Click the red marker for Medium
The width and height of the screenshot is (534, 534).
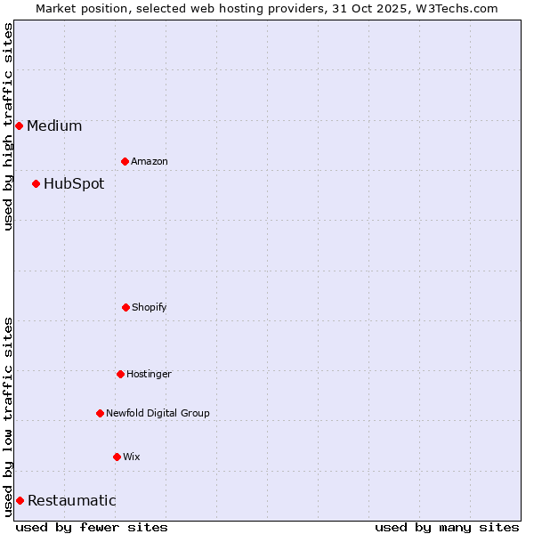(x=19, y=125)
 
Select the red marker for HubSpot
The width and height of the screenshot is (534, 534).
(x=36, y=183)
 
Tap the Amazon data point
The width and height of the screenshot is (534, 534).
(x=125, y=161)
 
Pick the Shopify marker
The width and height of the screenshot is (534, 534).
(x=125, y=307)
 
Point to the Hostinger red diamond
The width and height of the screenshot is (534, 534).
(x=120, y=374)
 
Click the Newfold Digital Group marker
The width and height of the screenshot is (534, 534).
(x=100, y=413)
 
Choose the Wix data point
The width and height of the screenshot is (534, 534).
(x=117, y=457)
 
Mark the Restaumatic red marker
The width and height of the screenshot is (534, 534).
(x=20, y=500)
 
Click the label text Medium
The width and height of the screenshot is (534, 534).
(x=54, y=125)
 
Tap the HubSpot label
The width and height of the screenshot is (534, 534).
(x=74, y=183)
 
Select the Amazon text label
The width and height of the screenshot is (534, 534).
(x=150, y=161)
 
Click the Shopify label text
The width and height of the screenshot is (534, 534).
(x=150, y=307)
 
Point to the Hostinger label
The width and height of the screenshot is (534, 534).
(x=149, y=374)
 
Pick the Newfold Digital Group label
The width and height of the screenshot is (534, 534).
(x=158, y=413)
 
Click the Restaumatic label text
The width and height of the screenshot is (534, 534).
(x=72, y=500)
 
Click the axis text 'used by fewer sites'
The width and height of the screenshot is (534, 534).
(x=92, y=527)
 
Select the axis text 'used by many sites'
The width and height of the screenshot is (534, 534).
(x=447, y=527)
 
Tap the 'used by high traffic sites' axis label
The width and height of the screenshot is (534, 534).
(x=8, y=126)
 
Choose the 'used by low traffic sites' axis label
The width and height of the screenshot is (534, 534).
(x=8, y=416)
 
